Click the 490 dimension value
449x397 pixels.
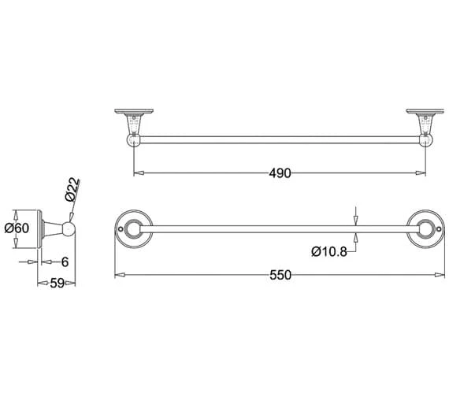point(280,173)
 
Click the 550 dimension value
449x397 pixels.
point(280,275)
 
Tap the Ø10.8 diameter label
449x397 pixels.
point(329,252)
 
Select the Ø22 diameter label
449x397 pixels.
point(72,189)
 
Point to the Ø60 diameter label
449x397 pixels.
point(17,228)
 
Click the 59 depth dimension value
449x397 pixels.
point(57,284)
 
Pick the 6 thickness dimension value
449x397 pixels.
point(65,262)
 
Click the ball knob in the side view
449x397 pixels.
point(69,228)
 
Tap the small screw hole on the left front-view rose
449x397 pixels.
point(121,229)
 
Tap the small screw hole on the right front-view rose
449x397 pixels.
point(439,229)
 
